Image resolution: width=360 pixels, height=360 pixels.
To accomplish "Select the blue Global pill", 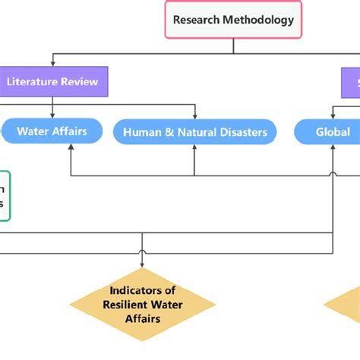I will click(333, 131).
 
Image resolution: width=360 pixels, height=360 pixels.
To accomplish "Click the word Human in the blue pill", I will click(142, 132).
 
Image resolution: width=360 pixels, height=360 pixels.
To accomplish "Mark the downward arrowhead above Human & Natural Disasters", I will click(195, 115).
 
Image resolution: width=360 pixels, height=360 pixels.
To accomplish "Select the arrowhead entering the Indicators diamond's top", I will click(142, 264).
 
